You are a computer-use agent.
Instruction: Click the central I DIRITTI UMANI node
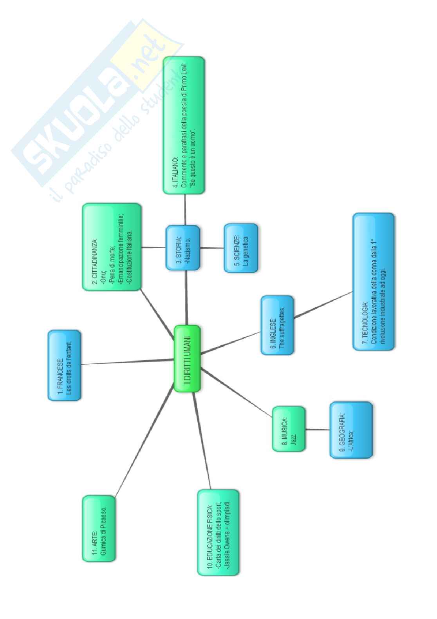[187, 358]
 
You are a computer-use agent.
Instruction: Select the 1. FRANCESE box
[65, 365]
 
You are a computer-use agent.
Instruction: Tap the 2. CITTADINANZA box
[112, 247]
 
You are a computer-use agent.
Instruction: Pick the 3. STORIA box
[182, 248]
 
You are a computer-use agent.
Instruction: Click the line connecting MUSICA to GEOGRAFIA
[317, 429]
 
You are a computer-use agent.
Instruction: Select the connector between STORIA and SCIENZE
[211, 248]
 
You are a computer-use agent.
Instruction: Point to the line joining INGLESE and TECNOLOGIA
[323, 303]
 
